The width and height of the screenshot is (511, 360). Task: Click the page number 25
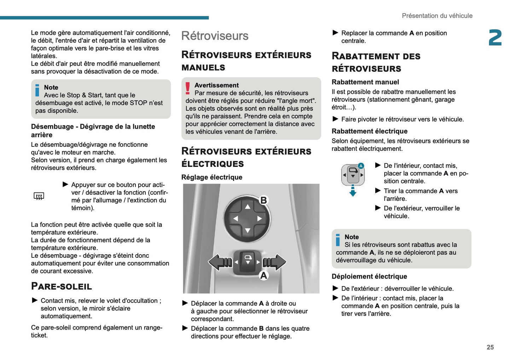490,347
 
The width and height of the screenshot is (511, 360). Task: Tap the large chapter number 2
495,38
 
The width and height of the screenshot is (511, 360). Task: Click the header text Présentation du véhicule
437,16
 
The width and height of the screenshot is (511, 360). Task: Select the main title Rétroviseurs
215,36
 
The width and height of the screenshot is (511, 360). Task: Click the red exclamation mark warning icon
187,88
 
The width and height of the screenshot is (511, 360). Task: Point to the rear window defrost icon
39,196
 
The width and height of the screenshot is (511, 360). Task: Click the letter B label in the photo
263,200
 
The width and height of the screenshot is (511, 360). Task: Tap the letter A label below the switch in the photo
263,275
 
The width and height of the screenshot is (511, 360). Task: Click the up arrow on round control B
248,207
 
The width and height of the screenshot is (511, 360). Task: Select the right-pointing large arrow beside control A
275,262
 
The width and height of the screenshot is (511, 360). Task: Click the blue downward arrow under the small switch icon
353,191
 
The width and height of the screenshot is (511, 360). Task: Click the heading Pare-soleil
62,286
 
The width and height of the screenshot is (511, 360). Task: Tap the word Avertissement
216,85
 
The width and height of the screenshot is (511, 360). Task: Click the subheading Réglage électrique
212,177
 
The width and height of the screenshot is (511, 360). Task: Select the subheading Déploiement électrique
369,277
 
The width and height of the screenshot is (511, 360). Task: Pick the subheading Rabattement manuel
365,82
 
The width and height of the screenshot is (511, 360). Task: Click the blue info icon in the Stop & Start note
37,90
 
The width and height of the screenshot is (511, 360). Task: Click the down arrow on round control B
248,231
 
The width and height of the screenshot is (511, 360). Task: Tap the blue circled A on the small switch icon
361,166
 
